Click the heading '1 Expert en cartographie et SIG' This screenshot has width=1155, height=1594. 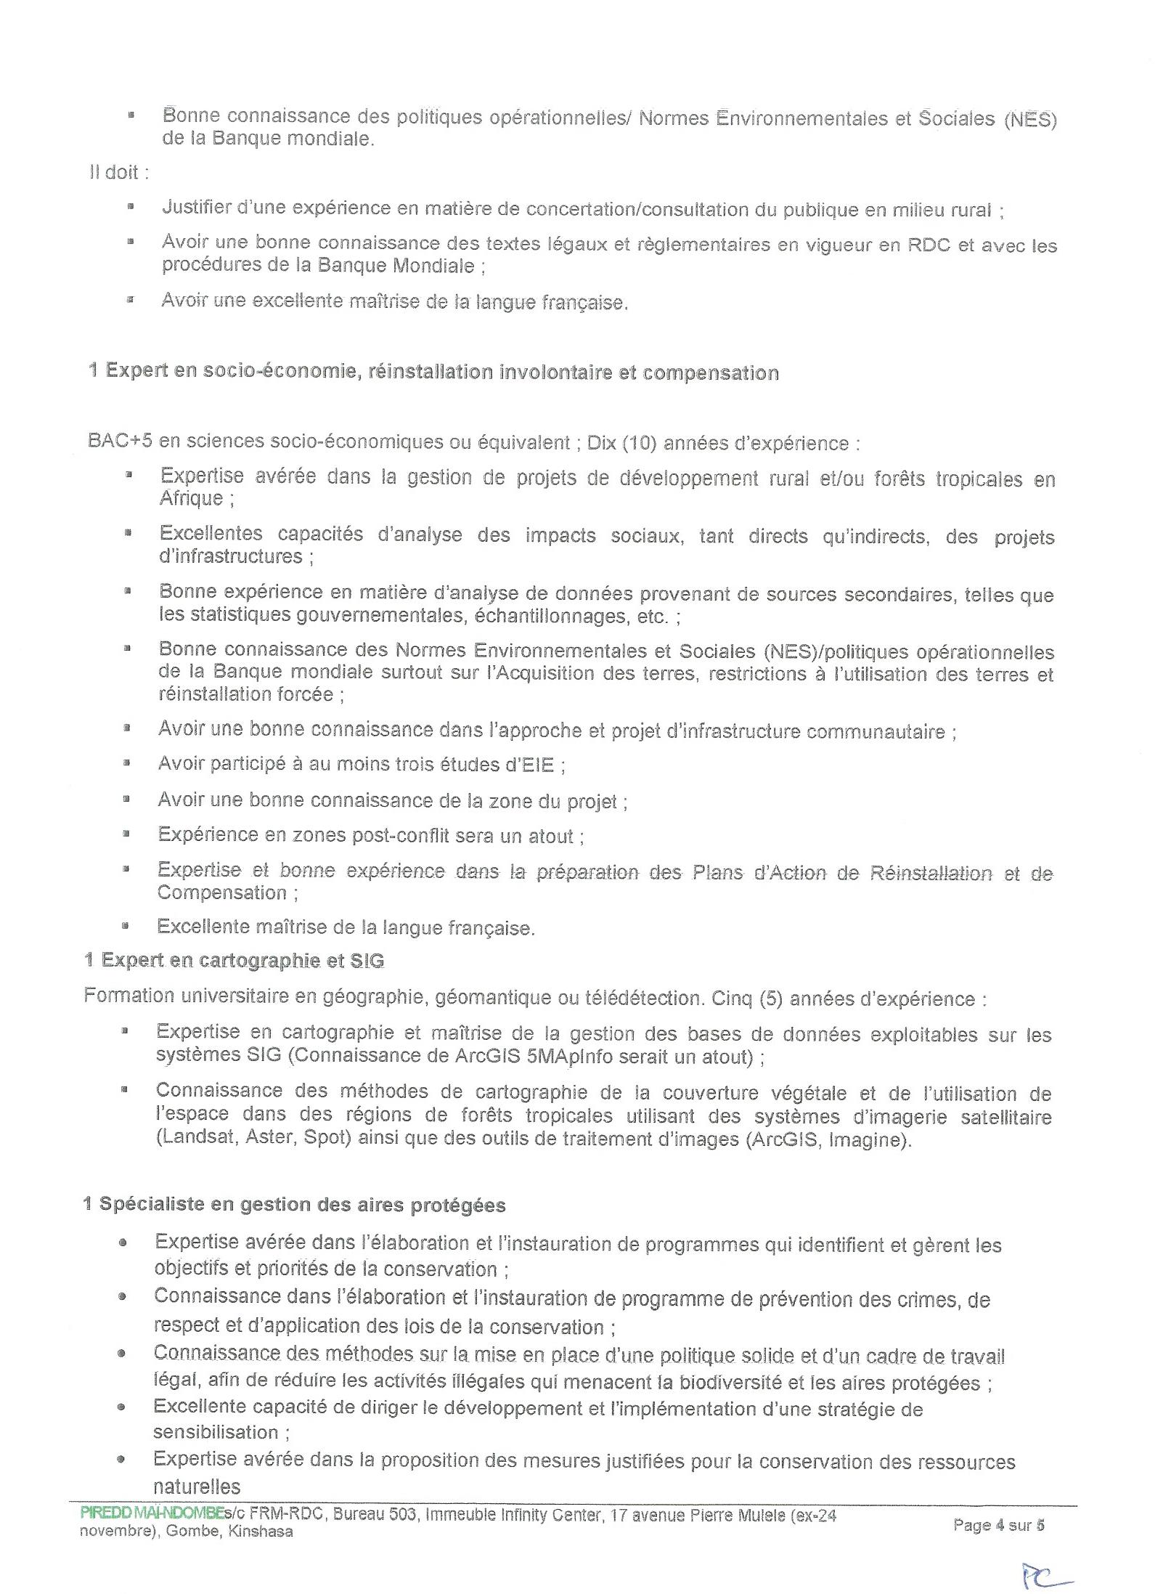[x=234, y=961]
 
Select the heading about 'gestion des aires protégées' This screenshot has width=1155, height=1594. [x=294, y=1205]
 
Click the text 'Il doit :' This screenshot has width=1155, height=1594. [x=118, y=173]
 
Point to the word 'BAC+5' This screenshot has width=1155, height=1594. [x=119, y=442]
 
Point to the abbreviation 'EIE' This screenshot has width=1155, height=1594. [x=537, y=765]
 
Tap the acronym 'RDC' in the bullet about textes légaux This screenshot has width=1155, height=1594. [x=928, y=245]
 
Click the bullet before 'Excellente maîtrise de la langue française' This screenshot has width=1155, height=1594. [x=126, y=926]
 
